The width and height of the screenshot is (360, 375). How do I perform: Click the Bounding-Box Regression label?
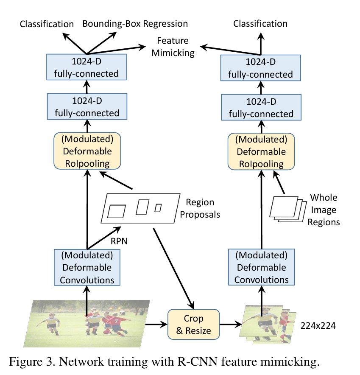click(x=134, y=23)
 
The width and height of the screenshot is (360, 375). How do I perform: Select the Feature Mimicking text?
click(x=173, y=47)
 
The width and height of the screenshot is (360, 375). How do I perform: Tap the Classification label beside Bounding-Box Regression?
click(x=47, y=24)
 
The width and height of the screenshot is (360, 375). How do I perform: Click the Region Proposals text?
click(x=200, y=208)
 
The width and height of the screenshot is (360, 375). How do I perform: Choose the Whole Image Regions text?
click(x=324, y=210)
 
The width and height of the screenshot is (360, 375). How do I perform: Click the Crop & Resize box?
click(x=194, y=325)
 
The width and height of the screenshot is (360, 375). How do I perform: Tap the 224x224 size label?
click(x=320, y=326)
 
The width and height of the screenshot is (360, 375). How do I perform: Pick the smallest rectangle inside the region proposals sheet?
click(x=158, y=208)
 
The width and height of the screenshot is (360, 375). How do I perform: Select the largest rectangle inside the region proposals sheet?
click(x=117, y=210)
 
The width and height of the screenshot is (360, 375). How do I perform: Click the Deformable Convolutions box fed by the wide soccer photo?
click(x=87, y=268)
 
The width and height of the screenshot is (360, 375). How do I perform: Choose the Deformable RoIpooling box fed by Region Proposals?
click(x=87, y=151)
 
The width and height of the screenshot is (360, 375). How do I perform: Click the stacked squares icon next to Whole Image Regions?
click(x=286, y=208)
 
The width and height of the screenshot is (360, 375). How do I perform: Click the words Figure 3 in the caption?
click(x=30, y=362)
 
